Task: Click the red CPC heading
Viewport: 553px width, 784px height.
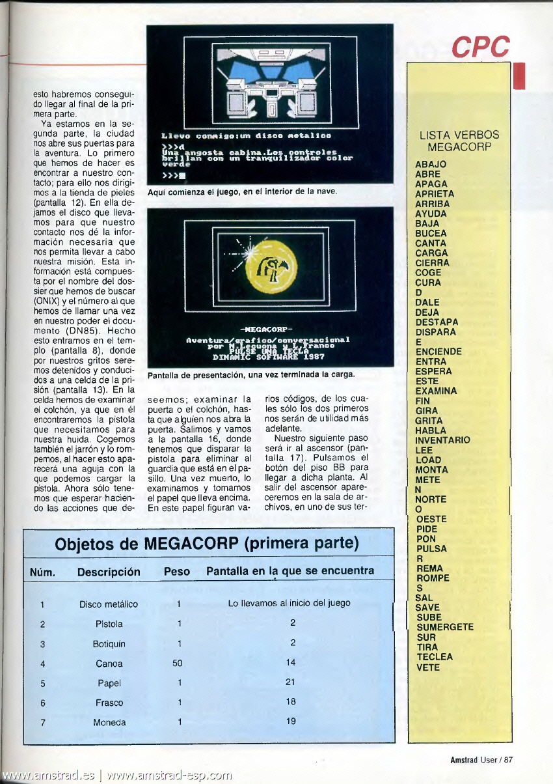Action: coord(481,47)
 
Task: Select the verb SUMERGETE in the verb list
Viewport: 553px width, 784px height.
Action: coord(445,627)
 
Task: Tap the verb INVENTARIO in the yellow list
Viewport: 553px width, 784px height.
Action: coord(442,440)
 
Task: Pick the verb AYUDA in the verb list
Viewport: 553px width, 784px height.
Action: coord(431,214)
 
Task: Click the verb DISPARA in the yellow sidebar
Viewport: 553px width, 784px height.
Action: coord(435,331)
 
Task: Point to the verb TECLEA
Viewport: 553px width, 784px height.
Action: coord(435,657)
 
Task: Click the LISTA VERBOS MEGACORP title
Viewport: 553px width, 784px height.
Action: coord(459,141)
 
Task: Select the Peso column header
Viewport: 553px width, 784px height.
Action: coord(177,572)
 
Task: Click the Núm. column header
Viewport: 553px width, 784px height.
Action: coord(42,572)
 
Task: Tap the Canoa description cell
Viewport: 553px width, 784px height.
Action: coord(109,664)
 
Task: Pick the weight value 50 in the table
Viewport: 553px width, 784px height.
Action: coord(178,664)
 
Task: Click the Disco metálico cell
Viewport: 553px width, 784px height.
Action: coord(109,604)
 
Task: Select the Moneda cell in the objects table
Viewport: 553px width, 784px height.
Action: coord(109,723)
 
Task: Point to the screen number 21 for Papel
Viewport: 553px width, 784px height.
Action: coord(290,683)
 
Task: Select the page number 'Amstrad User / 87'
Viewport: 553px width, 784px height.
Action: coord(481,759)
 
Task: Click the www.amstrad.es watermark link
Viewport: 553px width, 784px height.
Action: coord(49,776)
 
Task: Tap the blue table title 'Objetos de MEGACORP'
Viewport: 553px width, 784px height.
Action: coord(208,543)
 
